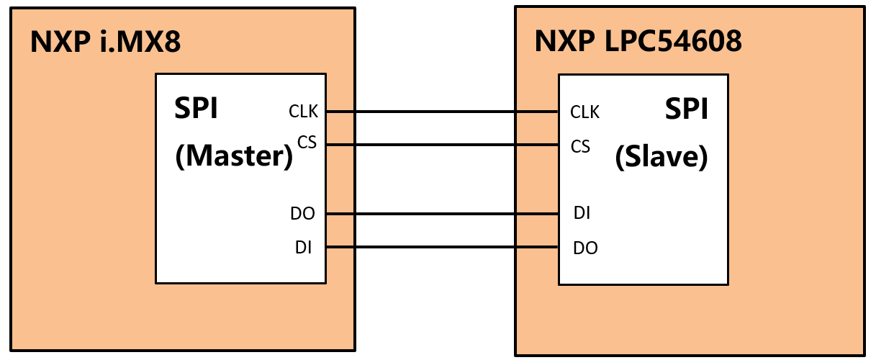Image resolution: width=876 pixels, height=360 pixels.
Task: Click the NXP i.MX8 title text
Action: click(x=105, y=42)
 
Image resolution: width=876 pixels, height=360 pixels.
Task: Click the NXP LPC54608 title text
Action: click(x=638, y=42)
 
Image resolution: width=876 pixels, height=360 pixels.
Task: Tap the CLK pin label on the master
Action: click(x=303, y=112)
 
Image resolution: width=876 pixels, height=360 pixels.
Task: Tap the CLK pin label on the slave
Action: click(x=584, y=112)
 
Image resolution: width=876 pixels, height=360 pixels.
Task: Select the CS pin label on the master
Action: click(x=307, y=143)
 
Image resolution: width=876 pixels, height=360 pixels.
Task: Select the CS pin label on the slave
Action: click(x=580, y=147)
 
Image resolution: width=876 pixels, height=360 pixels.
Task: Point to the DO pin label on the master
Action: click(x=303, y=214)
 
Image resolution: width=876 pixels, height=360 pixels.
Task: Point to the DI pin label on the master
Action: click(x=303, y=248)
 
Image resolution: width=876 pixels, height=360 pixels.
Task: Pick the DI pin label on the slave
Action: click(x=582, y=213)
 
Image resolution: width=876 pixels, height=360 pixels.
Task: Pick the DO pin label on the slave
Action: click(x=585, y=248)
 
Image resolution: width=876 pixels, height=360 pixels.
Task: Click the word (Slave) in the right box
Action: click(x=661, y=157)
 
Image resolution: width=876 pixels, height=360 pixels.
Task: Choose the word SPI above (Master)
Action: click(x=197, y=109)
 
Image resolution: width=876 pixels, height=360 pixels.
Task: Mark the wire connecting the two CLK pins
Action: click(x=443, y=112)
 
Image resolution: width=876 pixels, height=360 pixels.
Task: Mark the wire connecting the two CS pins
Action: click(x=443, y=145)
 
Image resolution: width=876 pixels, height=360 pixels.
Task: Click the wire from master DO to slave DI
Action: click(x=443, y=214)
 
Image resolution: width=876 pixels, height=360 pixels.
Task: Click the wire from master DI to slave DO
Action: click(x=443, y=248)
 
